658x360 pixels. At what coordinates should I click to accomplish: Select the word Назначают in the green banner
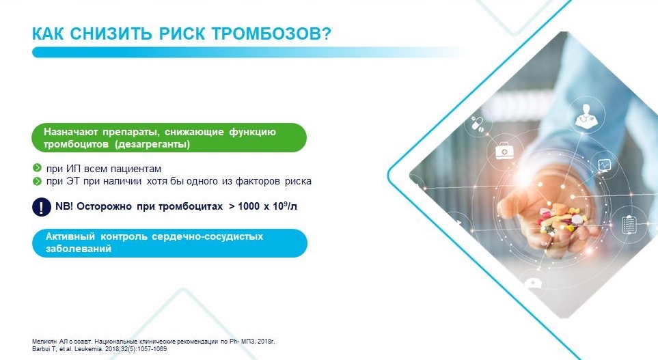point(70,132)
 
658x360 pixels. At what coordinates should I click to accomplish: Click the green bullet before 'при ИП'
point(37,168)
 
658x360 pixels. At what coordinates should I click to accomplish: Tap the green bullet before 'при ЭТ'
point(37,181)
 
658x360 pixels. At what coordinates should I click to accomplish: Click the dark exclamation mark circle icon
point(42,207)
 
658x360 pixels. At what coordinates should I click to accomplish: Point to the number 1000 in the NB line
point(249,206)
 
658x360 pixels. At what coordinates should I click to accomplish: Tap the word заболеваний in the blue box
point(79,249)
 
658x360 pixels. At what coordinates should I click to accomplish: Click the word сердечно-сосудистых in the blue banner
point(207,236)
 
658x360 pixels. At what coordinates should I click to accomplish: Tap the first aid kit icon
point(503,151)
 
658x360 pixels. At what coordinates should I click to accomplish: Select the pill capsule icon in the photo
point(478,123)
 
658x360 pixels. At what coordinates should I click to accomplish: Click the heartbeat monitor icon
point(604,165)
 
